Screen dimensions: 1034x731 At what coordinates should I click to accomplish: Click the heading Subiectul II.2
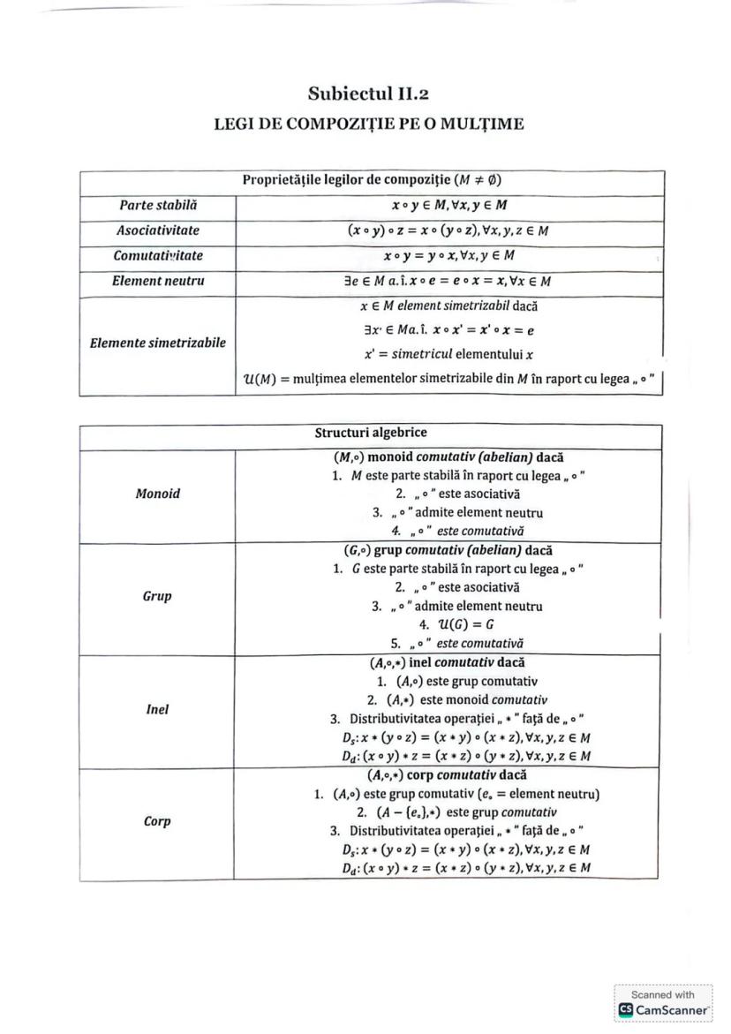(369, 93)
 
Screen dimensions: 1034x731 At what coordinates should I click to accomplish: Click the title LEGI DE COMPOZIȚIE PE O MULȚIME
(369, 124)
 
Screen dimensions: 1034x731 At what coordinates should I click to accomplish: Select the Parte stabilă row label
(158, 205)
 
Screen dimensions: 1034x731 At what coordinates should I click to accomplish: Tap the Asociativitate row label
(158, 230)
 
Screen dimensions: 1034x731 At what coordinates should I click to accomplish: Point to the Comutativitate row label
(158, 255)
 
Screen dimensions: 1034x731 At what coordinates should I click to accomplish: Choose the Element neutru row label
(158, 281)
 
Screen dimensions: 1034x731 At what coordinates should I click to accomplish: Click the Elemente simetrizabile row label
(158, 343)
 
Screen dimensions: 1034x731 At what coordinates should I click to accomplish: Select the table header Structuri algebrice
(371, 434)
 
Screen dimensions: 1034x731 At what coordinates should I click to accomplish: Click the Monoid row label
(158, 494)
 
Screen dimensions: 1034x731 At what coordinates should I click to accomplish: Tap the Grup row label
(158, 596)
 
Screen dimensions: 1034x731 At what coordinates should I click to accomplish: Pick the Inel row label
(158, 709)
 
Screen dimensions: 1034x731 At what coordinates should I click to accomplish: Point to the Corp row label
(158, 821)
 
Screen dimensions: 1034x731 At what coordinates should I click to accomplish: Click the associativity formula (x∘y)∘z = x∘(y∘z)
(448, 230)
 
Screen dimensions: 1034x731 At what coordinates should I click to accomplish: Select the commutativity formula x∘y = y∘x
(448, 255)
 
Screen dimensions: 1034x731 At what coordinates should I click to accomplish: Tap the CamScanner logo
(663, 1009)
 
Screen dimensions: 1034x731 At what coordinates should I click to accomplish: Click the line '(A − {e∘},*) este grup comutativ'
(457, 812)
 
